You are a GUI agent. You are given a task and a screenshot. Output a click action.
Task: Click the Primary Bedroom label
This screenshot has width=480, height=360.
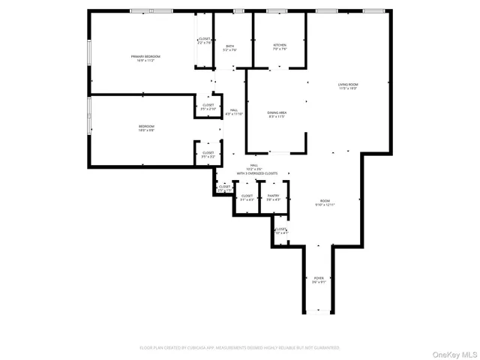pos(145,58)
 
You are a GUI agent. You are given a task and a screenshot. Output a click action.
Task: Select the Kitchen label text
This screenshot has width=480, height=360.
pos(280,46)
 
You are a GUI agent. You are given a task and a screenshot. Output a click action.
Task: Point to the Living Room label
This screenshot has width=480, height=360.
pos(348,86)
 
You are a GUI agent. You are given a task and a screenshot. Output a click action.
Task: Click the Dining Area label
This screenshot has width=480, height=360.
pos(277,114)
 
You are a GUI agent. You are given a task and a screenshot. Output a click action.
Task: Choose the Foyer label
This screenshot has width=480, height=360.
pos(319,279)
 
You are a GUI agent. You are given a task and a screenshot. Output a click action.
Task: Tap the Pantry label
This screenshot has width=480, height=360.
pos(274,198)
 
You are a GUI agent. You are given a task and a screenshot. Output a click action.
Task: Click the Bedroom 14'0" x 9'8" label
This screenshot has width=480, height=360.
pos(146,127)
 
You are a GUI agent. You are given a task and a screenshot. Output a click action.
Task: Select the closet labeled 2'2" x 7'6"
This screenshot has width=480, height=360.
pos(205,41)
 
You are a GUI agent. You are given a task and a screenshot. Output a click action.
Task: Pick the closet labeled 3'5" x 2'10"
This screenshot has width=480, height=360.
pos(208,107)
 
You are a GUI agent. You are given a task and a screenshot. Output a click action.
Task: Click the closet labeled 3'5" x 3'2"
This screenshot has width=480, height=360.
pos(208,154)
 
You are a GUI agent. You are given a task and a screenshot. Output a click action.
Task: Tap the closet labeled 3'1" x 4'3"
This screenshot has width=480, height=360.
pos(247,198)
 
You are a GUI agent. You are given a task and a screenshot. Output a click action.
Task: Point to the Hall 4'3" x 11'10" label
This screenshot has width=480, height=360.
pos(234,112)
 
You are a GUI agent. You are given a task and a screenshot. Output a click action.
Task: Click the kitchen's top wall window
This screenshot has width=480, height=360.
pos(277,11)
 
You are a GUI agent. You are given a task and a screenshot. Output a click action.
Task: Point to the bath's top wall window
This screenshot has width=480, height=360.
pos(238,11)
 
